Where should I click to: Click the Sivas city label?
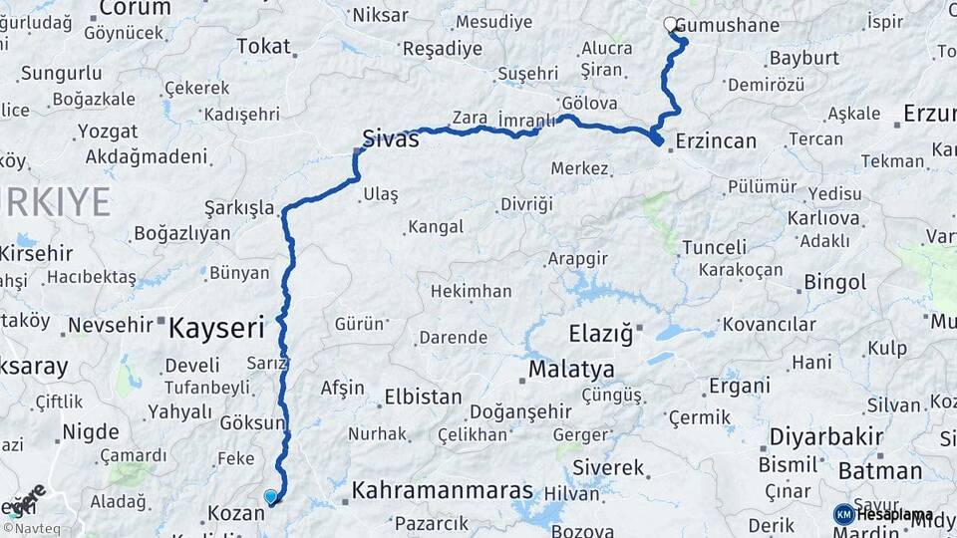pyautogui.click(x=390, y=138)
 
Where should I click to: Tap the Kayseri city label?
pyautogui.click(x=216, y=327)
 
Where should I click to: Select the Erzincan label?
pyautogui.click(x=716, y=141)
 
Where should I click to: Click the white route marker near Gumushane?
pyautogui.click(x=671, y=23)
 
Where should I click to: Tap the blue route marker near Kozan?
pyautogui.click(x=270, y=496)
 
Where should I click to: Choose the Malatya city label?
pyautogui.click(x=571, y=370)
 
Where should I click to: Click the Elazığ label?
pyautogui.click(x=600, y=334)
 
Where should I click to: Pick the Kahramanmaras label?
pyautogui.click(x=443, y=492)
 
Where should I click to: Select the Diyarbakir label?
pyautogui.click(x=826, y=436)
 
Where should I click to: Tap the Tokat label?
pyautogui.click(x=263, y=46)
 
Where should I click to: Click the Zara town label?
pyautogui.click(x=470, y=118)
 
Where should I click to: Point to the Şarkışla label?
pyautogui.click(x=239, y=207)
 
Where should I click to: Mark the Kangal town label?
pyautogui.click(x=437, y=227)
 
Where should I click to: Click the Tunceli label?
pyautogui.click(x=714, y=247)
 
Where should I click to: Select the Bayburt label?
pyautogui.click(x=804, y=57)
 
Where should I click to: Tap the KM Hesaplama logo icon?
pyautogui.click(x=843, y=514)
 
